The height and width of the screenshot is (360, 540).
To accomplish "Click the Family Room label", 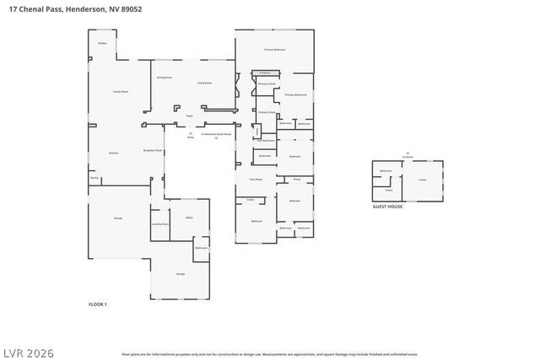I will [121, 91].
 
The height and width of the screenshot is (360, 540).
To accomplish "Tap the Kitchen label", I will [113, 153].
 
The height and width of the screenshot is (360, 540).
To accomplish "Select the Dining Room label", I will [164, 78].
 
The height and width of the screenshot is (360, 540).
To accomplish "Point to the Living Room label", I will [204, 83].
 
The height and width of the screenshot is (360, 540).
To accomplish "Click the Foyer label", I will [190, 116].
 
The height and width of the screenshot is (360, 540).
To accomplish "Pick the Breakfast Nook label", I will [152, 151].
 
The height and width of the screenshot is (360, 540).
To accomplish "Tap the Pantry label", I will [94, 178].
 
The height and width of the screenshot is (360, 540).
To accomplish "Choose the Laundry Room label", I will [160, 224].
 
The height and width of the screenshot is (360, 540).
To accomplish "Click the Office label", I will [189, 218].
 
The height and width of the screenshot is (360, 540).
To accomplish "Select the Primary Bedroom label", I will [275, 51].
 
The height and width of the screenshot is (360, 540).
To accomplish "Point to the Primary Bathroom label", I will [295, 94].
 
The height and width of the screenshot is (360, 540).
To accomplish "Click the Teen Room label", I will [256, 179].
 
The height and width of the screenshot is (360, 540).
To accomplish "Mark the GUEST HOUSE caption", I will [387, 207].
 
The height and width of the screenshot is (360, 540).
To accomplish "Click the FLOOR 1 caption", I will [98, 304].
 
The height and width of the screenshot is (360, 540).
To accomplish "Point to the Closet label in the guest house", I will [389, 190].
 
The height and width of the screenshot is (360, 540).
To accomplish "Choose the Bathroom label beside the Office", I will [202, 248].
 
